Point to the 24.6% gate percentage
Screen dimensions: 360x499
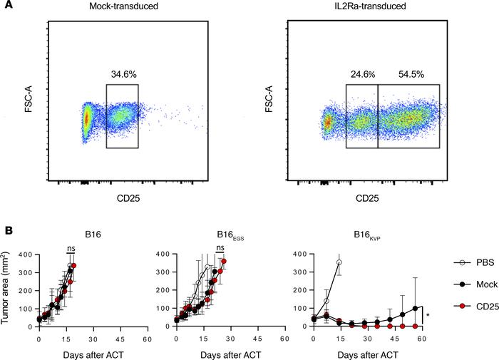coord(361,73)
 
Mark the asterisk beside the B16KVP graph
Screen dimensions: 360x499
coord(427,315)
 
